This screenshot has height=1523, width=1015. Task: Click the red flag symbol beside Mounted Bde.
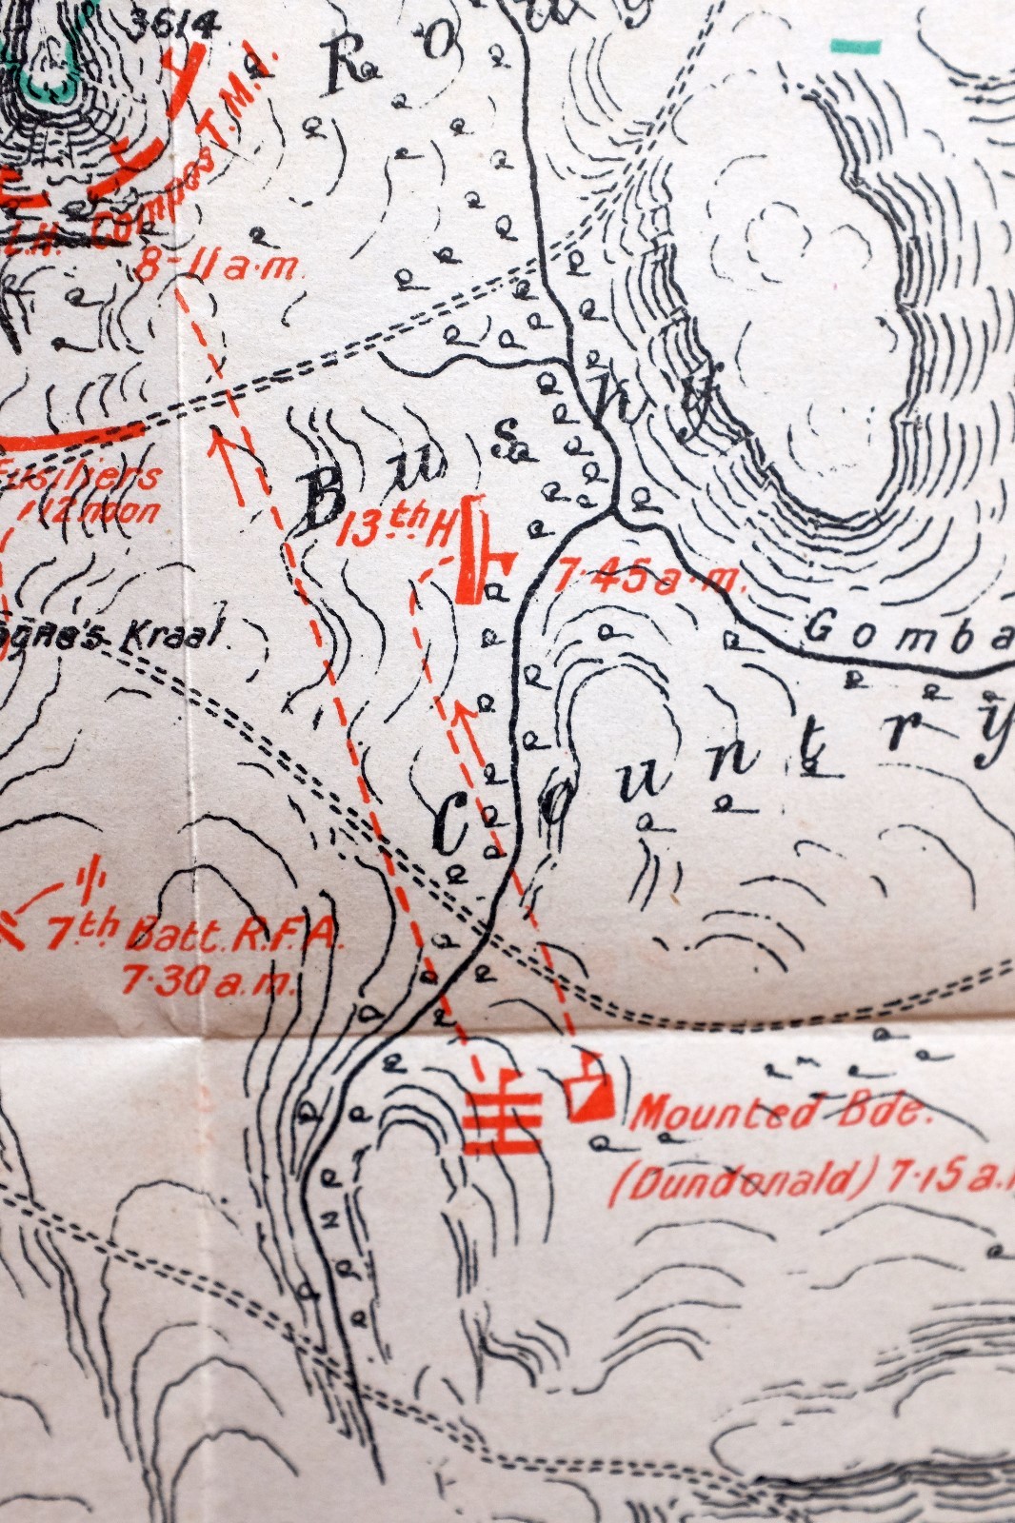pos(589,1087)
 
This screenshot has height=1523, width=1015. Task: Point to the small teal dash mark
pos(855,45)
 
